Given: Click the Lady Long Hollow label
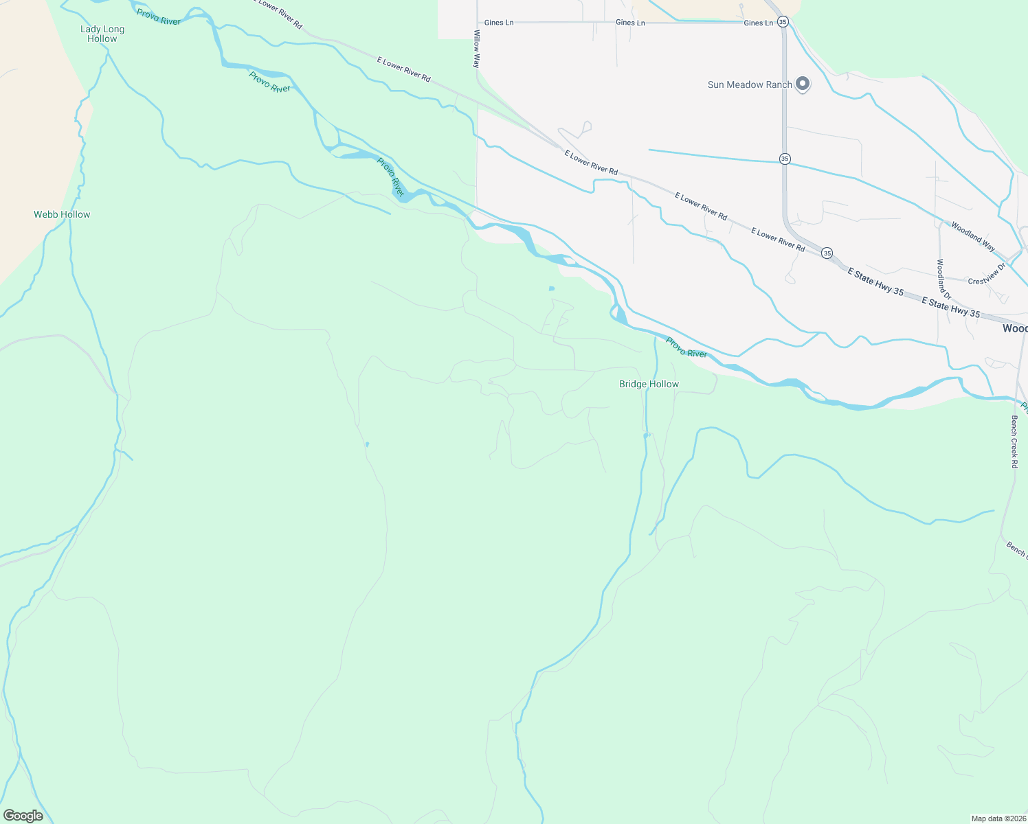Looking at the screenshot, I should point(102,34).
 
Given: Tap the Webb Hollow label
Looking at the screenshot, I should point(62,214).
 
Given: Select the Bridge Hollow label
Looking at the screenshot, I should point(649,384).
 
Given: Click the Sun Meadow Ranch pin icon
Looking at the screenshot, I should point(802,84).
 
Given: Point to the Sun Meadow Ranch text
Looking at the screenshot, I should point(750,84).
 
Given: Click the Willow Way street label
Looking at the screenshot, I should point(476,49).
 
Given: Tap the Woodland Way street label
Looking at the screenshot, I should point(972,236).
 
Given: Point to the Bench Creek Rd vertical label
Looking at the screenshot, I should point(1014,442).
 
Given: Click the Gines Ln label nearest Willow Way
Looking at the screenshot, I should point(499,23).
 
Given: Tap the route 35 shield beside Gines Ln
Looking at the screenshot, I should point(783,22).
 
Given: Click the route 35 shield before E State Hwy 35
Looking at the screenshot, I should point(827,253).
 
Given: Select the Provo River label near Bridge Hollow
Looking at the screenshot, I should point(686,348).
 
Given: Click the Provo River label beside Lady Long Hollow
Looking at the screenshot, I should point(159,17).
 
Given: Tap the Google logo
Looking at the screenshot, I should point(23,816).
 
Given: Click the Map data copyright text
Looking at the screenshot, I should point(998,819).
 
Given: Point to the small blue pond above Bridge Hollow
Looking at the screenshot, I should point(551,288).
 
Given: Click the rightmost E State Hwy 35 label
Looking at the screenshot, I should point(950,307).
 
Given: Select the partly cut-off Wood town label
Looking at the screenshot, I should point(1014,328).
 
